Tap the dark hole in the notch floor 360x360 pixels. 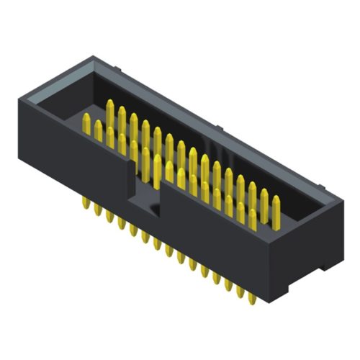[154, 210]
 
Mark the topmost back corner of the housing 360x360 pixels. [91, 56]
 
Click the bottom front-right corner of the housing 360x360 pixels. [274, 302]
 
